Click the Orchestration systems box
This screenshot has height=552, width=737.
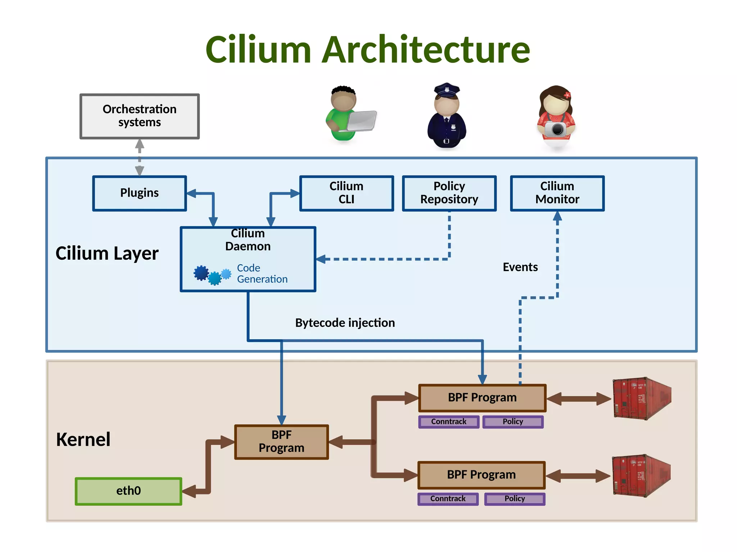pos(139,116)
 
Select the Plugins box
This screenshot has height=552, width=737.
pos(139,193)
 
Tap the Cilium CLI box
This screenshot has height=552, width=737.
pos(346,193)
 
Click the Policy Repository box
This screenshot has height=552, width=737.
pos(449,193)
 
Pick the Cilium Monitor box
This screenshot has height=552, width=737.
pos(557,193)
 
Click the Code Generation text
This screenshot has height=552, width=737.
pos(262,274)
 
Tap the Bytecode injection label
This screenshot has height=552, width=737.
pos(345,323)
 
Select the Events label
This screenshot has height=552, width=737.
pos(520,267)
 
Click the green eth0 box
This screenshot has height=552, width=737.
pos(128,491)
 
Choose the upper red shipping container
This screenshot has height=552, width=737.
pos(642,398)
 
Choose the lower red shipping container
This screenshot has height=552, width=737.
pos(641,475)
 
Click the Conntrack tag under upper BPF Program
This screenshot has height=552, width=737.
pos(449,421)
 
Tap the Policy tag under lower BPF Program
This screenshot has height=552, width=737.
pos(515,499)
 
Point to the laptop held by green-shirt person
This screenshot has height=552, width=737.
pos(362,121)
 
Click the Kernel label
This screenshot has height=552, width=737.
pos(83,439)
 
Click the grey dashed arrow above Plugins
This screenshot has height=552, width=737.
pos(140,158)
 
